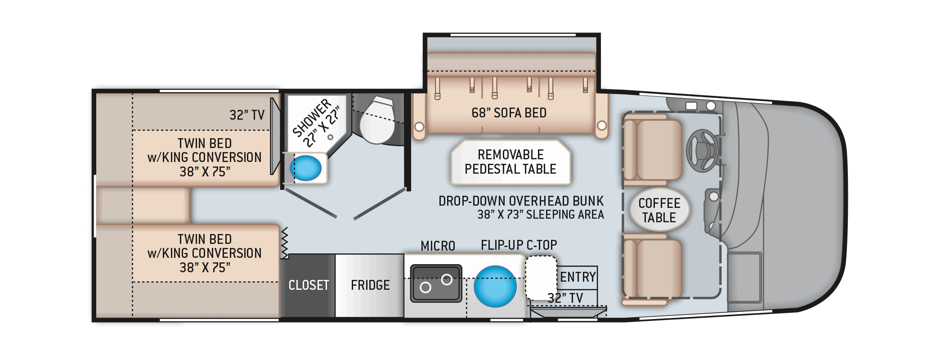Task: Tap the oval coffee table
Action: click(659, 210)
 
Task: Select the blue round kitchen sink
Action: click(495, 286)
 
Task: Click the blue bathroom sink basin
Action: click(306, 168)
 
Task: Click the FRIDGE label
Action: click(370, 285)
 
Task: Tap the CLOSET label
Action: click(309, 285)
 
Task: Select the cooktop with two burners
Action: click(436, 283)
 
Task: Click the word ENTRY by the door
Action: click(578, 277)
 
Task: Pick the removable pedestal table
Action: click(511, 162)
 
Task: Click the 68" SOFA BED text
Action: click(509, 113)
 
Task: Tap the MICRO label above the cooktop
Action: click(438, 246)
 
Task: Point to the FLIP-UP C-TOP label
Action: click(519, 245)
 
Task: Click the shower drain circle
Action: click(330, 136)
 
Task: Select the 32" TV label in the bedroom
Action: click(247, 115)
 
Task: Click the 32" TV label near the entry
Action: click(565, 298)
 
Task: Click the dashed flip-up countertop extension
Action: click(541, 278)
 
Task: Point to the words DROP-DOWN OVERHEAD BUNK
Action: click(521, 201)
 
